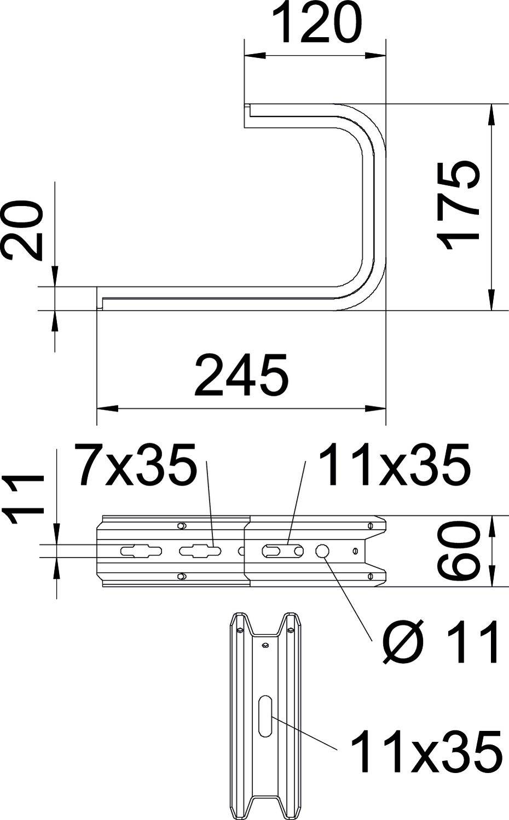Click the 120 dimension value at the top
click(x=315, y=23)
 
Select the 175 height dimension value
click(x=459, y=205)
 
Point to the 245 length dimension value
click(x=241, y=376)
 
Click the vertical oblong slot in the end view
click(x=265, y=716)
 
